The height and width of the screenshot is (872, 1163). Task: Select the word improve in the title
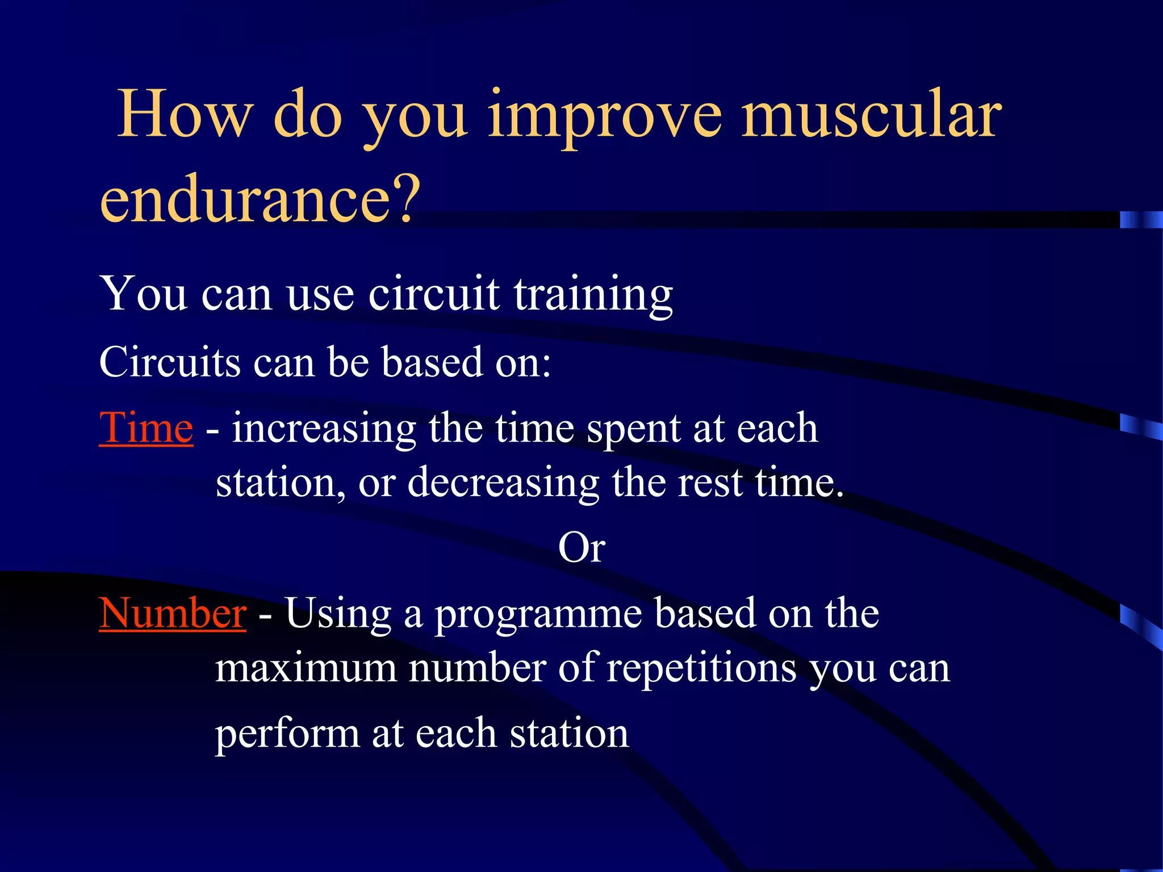click(x=605, y=116)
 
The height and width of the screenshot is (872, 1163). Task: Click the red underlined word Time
click(x=146, y=428)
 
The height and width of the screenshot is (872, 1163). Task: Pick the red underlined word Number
click(x=173, y=614)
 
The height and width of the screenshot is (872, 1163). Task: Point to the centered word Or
click(x=581, y=548)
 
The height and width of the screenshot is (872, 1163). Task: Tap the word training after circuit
click(x=593, y=295)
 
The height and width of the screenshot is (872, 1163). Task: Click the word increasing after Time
click(x=324, y=428)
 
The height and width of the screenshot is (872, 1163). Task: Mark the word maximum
click(x=306, y=669)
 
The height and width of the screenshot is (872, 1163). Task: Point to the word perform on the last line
click(x=287, y=734)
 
